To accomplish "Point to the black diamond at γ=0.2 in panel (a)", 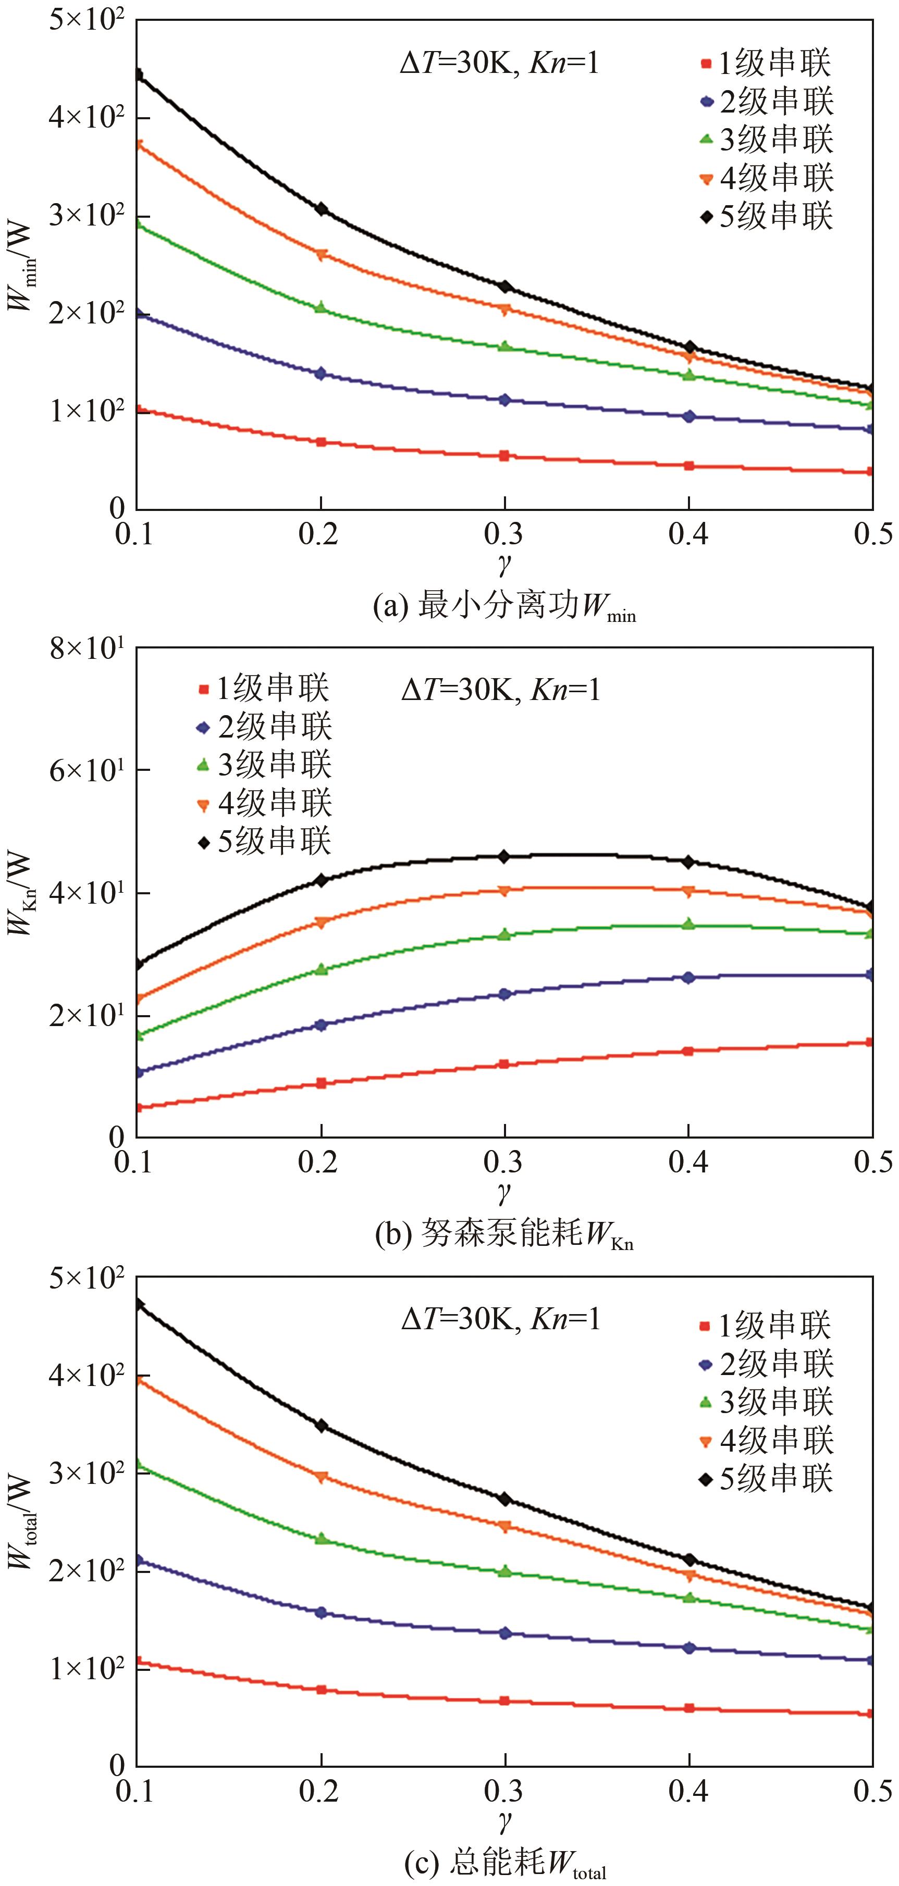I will [321, 209].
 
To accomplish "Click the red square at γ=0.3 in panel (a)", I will [504, 455].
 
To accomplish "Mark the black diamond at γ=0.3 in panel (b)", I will [504, 857].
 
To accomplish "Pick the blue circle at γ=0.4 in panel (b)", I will [688, 978].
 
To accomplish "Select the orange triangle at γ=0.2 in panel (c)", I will [321, 1478].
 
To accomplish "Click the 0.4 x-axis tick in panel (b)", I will [688, 1163].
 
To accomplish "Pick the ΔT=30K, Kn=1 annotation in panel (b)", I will [500, 690].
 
